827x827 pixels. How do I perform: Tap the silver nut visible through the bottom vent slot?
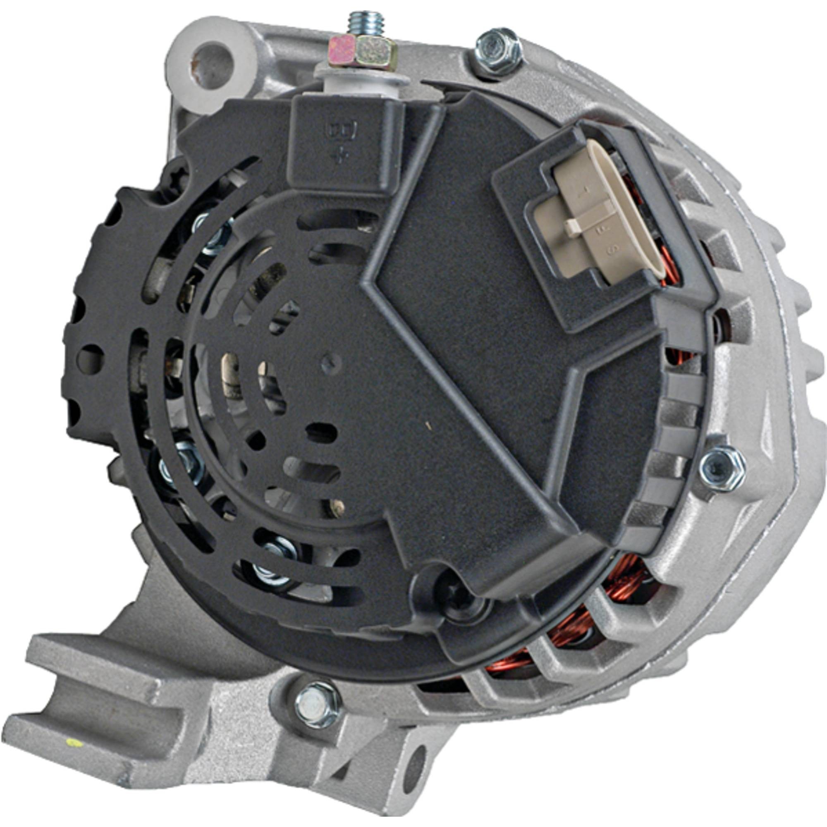coord(274,561)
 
